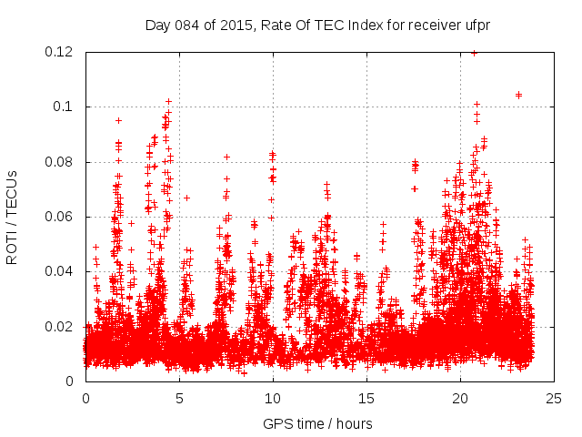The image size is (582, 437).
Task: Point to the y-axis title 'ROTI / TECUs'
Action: coord(12,217)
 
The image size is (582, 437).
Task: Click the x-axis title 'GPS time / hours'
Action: coord(317,423)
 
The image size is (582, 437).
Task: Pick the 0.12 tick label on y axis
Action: coord(61,52)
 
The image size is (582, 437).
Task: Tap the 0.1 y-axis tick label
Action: coord(65,107)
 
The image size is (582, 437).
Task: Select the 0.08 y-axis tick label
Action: coord(61,162)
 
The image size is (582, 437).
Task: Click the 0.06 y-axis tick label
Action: coord(61,217)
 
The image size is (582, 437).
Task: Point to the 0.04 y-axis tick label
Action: coord(61,271)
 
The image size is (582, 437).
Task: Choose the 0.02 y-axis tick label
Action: coord(61,327)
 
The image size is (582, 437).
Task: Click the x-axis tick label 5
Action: coord(179,398)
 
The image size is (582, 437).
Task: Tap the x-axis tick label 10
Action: coord(273,398)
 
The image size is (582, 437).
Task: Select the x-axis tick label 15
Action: coord(366,398)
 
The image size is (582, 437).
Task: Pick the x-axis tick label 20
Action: coord(460,398)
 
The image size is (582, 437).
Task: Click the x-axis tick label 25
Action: coord(554,398)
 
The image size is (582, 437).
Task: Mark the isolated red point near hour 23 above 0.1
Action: coord(518,95)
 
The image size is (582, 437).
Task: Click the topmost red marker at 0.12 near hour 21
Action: coord(474,53)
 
